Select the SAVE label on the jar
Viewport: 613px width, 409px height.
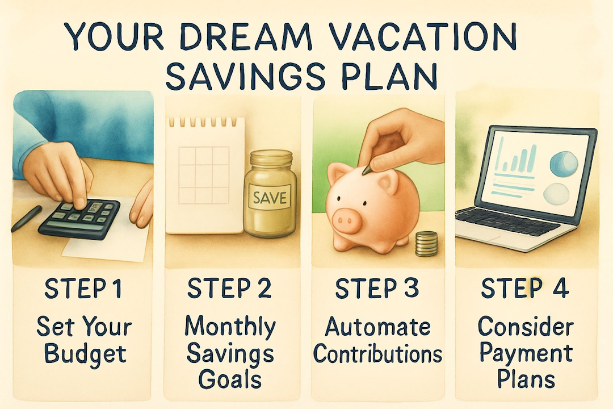coord(270,197)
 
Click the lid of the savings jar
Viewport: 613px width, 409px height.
coord(271,158)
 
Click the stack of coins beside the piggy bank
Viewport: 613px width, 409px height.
coord(426,244)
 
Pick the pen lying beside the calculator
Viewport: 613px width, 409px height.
coord(26,218)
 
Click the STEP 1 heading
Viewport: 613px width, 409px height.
coord(82,289)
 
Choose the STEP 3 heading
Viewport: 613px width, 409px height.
coord(377,288)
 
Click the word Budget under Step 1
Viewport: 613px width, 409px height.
coord(85,354)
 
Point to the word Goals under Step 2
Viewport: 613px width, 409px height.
coord(230,379)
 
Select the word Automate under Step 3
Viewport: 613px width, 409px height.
coord(377,327)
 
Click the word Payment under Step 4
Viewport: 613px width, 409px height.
coord(526,354)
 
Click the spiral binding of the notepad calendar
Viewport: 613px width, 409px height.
coord(205,122)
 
